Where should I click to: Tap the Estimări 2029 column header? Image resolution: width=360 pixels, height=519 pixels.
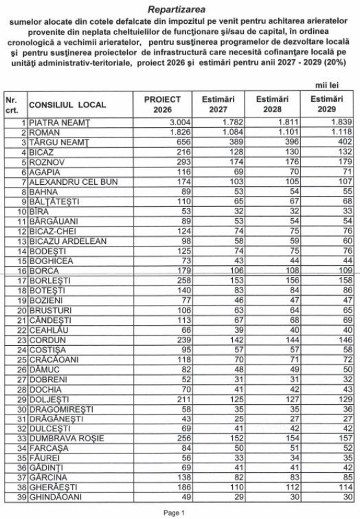326,104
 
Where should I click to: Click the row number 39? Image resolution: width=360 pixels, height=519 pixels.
21,496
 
